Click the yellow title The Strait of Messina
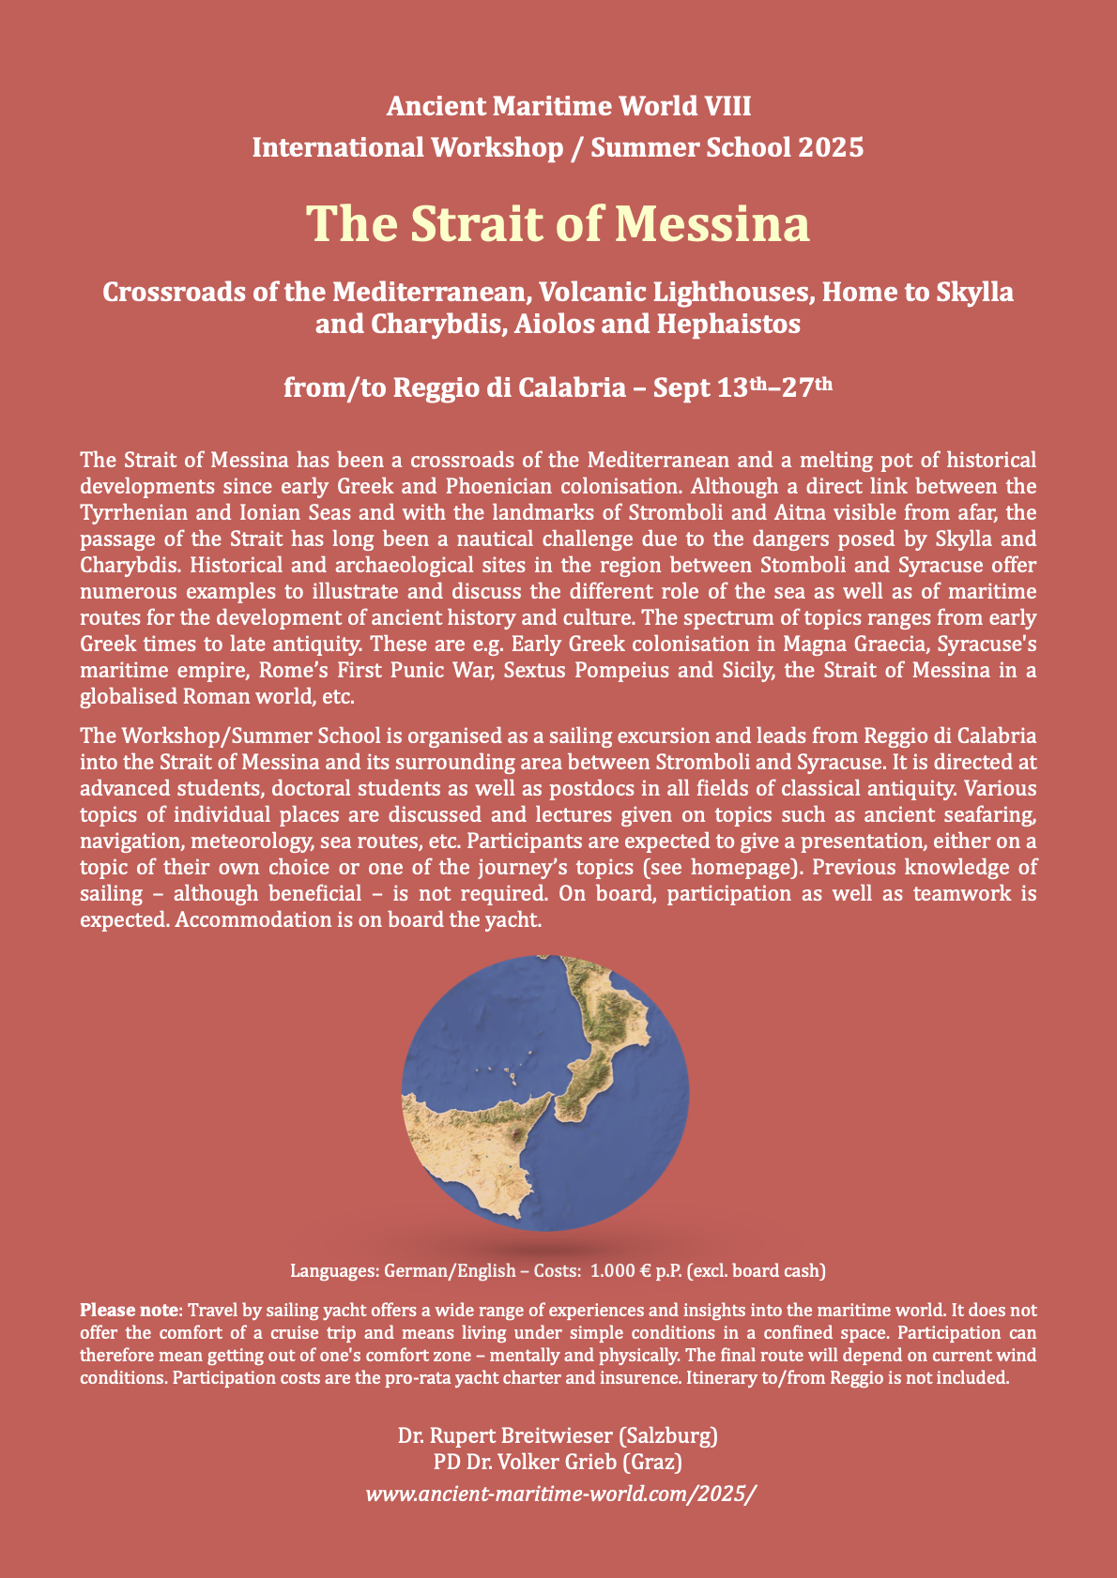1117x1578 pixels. click(x=558, y=224)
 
